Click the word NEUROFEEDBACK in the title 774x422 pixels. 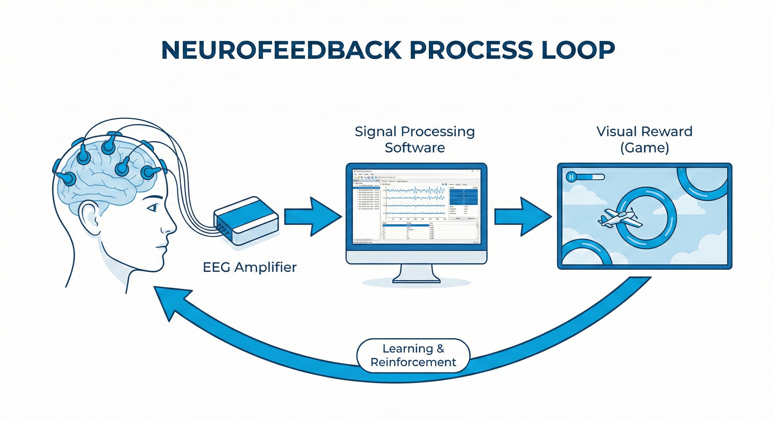281,50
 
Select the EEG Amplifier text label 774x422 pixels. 250,267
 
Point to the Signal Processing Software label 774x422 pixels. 415,140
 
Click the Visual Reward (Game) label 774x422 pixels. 645,140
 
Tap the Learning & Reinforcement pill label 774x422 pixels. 413,355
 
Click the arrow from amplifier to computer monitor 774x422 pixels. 313,216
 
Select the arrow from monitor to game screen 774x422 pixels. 523,216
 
